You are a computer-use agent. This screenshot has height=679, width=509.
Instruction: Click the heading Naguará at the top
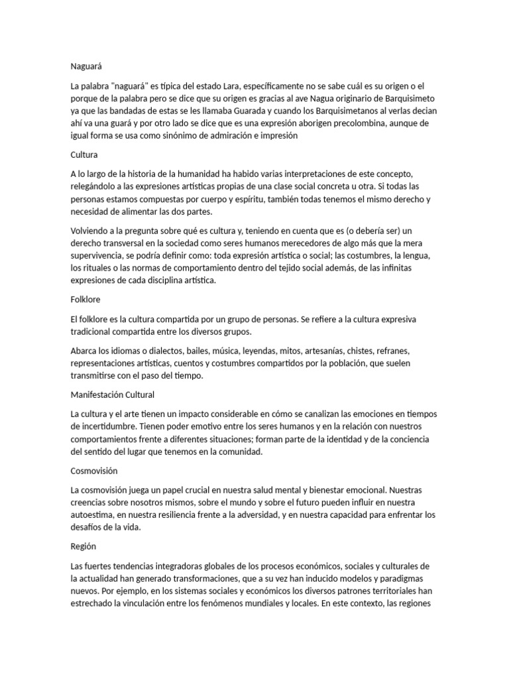click(87, 66)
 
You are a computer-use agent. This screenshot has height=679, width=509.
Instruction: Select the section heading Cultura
click(84, 155)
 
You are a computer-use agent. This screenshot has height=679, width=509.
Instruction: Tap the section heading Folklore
click(85, 300)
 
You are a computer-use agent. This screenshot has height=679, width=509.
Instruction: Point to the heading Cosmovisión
click(93, 471)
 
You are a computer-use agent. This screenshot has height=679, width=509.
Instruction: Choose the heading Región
click(84, 547)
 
